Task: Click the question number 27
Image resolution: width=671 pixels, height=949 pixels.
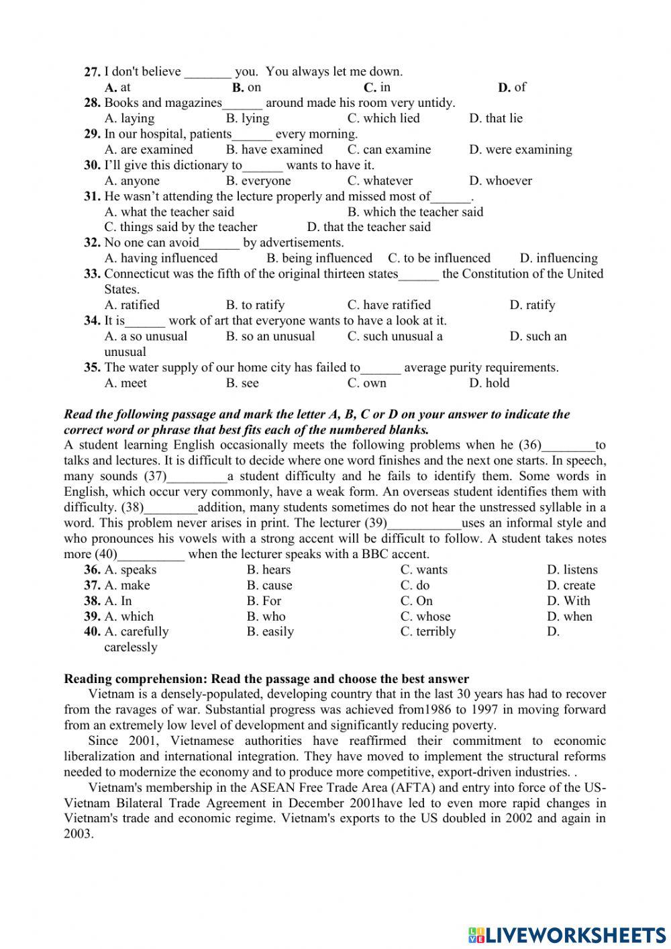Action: tap(93, 72)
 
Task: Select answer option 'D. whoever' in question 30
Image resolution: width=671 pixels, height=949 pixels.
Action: tap(500, 181)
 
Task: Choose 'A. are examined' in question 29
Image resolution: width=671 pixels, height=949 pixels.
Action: tap(148, 150)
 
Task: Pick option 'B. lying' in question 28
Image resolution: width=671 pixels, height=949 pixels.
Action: tap(247, 118)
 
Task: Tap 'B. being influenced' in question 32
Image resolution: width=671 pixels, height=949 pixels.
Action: tap(319, 259)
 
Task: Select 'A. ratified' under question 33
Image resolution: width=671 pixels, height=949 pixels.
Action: tap(132, 305)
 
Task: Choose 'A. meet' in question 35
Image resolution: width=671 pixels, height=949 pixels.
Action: tap(125, 383)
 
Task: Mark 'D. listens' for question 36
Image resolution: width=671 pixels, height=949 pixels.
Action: tap(571, 570)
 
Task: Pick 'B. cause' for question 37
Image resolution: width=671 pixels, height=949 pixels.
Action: tap(269, 586)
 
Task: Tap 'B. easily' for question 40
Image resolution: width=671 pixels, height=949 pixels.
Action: tap(270, 632)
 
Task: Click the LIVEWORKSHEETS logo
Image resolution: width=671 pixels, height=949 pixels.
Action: tap(566, 934)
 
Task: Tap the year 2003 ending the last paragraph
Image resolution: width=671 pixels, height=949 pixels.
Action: tap(78, 834)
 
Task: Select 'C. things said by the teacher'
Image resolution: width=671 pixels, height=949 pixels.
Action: tap(180, 227)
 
